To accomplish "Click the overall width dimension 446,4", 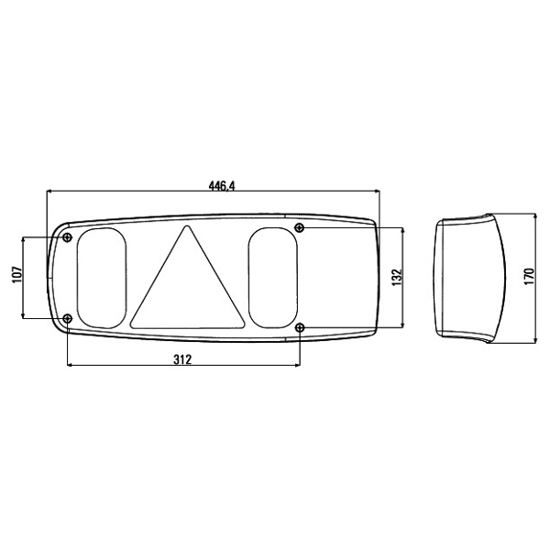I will click(x=222, y=185).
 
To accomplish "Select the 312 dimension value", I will click(x=181, y=360).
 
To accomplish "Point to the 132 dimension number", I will click(x=396, y=277).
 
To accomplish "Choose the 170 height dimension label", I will click(x=528, y=277).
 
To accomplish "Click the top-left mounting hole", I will click(x=68, y=238).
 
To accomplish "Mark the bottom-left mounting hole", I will click(x=68, y=318).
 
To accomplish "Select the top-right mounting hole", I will click(x=300, y=227).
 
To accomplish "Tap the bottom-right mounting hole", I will click(x=300, y=327).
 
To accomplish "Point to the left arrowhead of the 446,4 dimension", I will click(x=49, y=192).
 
